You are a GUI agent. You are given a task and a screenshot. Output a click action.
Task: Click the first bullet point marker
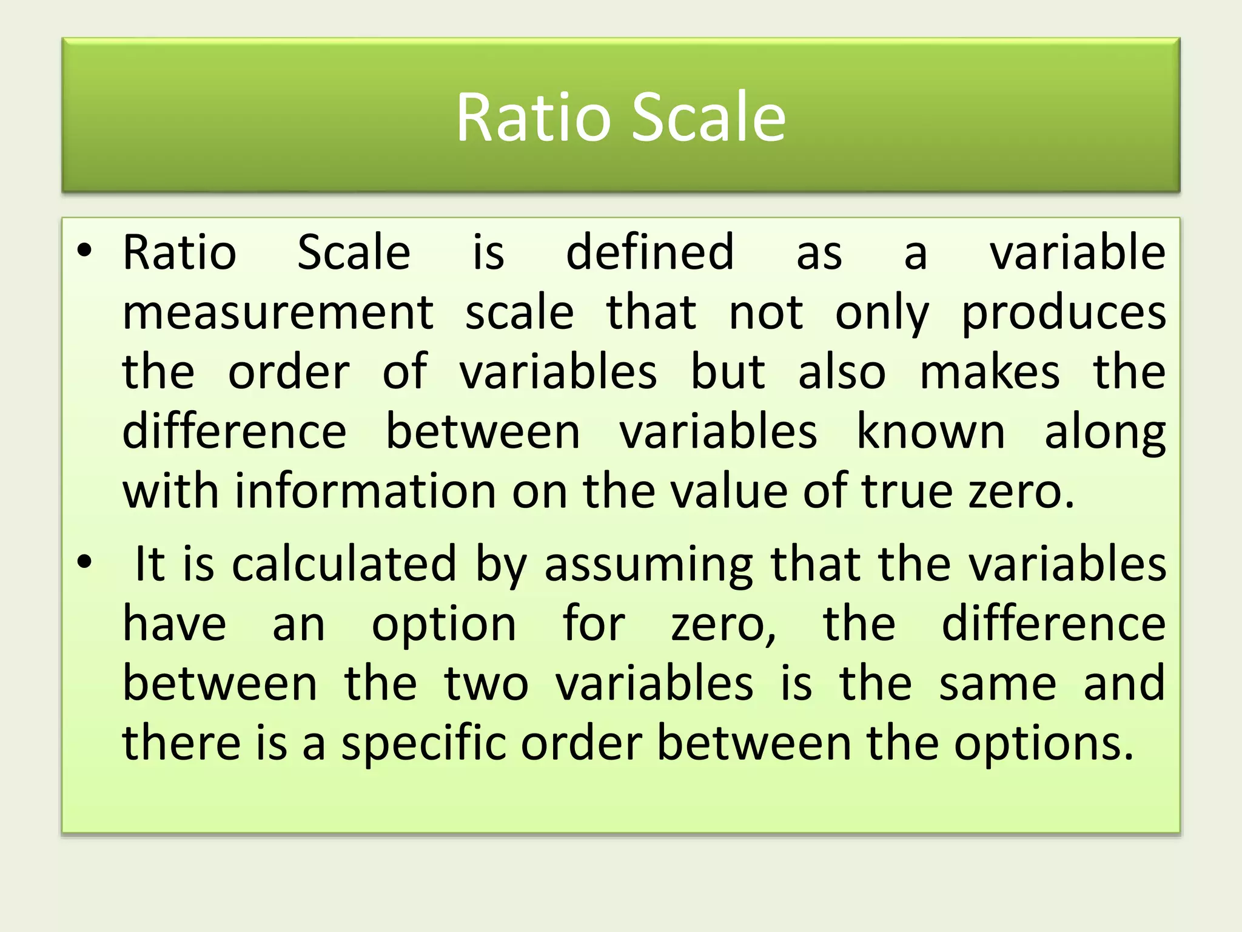pos(84,249)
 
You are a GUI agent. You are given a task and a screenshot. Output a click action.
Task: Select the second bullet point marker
pos(84,562)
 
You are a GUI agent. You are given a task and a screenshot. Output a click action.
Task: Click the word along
pos(1105,433)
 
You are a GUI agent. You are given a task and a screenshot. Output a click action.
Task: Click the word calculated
pos(344,564)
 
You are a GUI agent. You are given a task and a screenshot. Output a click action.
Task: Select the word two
pos(486,683)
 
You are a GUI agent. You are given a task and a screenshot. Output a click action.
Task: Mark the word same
pos(998,683)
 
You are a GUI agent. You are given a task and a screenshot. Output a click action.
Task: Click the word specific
pos(423,743)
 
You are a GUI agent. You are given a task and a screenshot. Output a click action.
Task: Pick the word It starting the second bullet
pos(149,564)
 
